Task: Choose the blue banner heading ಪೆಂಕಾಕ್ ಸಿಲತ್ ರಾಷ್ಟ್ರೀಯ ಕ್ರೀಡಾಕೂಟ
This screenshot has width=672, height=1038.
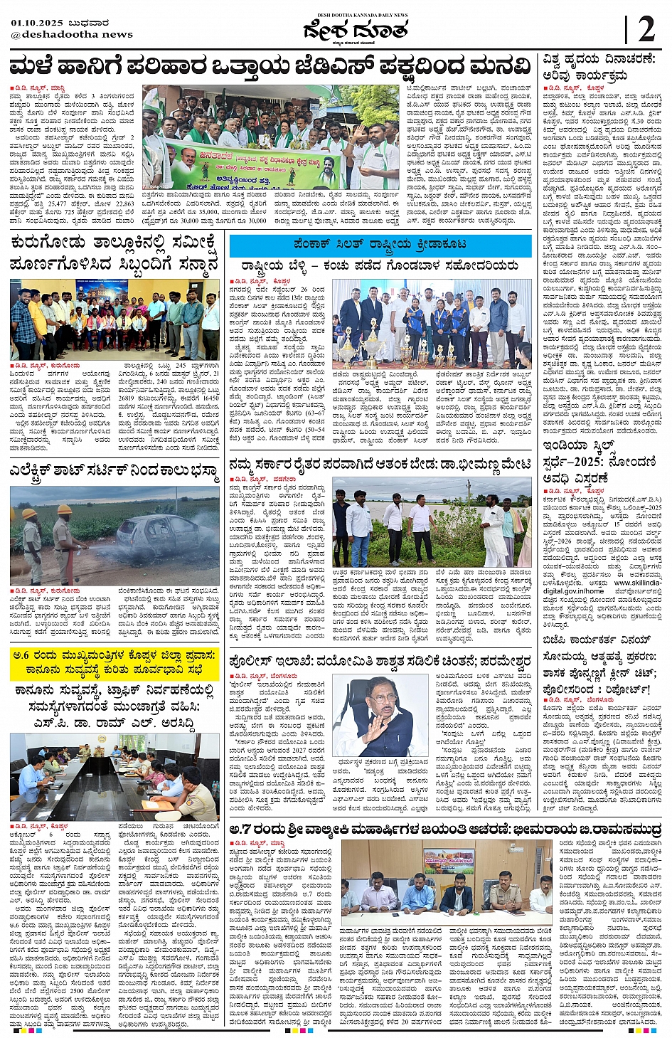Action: pos(380,244)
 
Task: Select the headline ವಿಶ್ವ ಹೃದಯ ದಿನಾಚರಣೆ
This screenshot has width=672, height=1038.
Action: pos(601,60)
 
